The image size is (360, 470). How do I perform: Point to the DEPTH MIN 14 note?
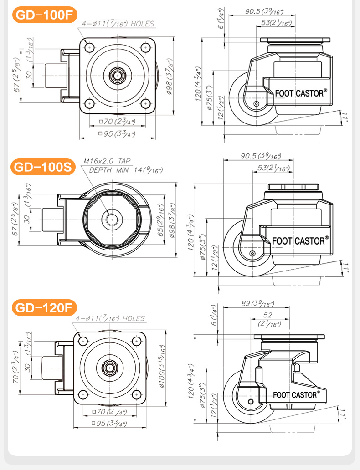pyautogui.click(x=126, y=170)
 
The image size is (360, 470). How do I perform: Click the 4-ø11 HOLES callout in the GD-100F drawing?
pyautogui.click(x=118, y=24)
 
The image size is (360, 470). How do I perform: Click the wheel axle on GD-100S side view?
pyautogui.click(x=253, y=253)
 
